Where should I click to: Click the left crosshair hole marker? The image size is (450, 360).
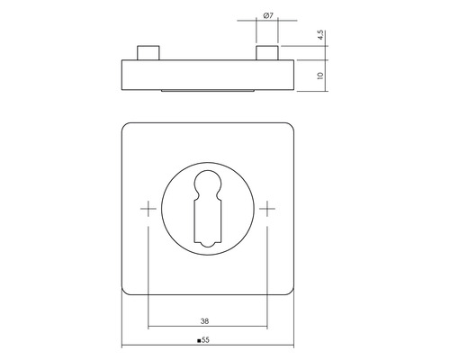coord(146,209)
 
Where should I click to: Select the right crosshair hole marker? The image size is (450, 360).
coord(269,209)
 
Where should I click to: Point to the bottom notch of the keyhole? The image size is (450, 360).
coord(207,243)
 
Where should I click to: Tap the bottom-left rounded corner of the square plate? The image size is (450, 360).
coord(126,290)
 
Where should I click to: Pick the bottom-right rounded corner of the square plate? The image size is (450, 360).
coord(289,290)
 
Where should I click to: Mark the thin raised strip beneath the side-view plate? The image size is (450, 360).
coord(207,92)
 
